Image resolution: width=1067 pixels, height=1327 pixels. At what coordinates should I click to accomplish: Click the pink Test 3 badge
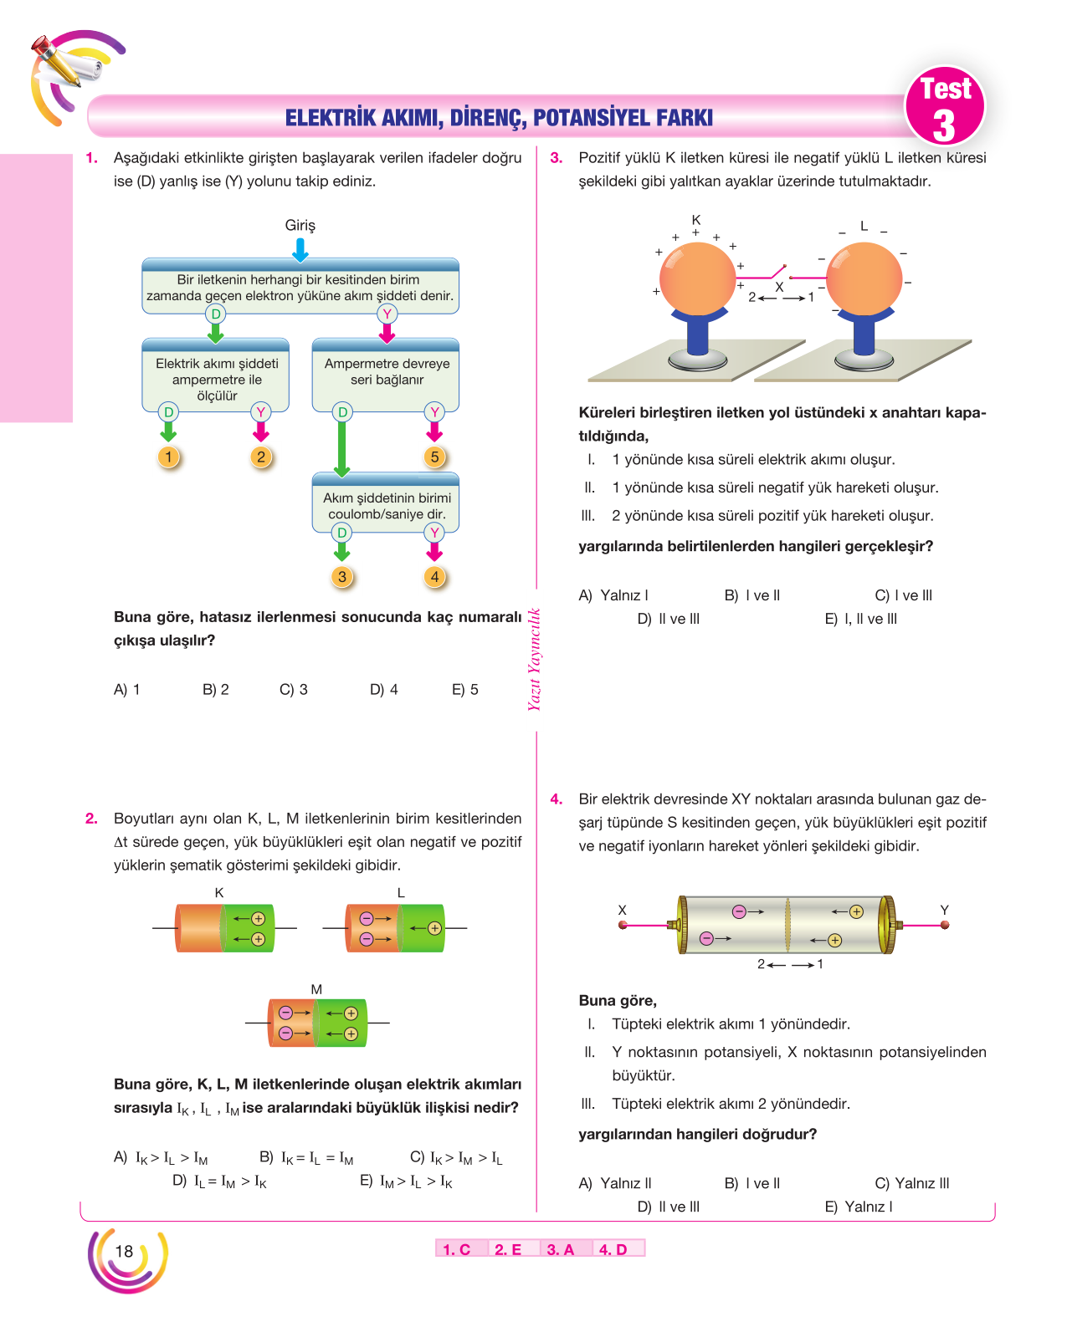[x=944, y=106]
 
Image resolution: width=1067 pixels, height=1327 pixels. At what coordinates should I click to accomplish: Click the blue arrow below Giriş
[x=300, y=250]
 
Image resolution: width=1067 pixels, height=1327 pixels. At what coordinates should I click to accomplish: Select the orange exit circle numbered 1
[x=168, y=457]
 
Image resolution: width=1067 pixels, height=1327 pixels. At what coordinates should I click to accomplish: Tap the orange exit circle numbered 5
[x=434, y=457]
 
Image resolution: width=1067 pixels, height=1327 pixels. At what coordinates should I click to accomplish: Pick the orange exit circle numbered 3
[x=342, y=577]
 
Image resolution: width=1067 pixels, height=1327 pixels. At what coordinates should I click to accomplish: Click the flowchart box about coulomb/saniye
[x=386, y=502]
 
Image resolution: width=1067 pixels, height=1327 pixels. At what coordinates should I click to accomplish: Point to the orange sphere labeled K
[x=697, y=279]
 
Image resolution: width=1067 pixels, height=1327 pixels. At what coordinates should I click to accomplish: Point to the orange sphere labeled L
[x=864, y=279]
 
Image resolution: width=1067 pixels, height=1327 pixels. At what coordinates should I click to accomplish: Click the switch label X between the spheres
[x=779, y=287]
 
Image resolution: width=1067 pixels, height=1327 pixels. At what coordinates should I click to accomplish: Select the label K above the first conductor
[x=219, y=892]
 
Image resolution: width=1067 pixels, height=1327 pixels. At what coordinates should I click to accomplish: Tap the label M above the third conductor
[x=316, y=989]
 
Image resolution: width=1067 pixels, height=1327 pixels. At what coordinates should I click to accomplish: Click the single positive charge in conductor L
[x=434, y=928]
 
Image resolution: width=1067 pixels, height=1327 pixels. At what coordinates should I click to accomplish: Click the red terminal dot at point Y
[x=944, y=925]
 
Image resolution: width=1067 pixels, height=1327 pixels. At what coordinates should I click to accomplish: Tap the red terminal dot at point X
[x=623, y=925]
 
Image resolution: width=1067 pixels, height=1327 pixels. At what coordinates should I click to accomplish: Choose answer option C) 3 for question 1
[x=294, y=689]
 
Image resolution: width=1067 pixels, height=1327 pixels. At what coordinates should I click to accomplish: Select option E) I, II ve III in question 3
[x=860, y=619]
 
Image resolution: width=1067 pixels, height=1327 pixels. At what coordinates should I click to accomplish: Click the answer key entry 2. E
[x=508, y=1249]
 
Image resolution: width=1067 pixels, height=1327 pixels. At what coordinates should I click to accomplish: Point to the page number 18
[x=124, y=1251]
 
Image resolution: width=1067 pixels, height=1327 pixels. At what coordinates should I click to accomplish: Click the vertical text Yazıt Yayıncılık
[x=534, y=659]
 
